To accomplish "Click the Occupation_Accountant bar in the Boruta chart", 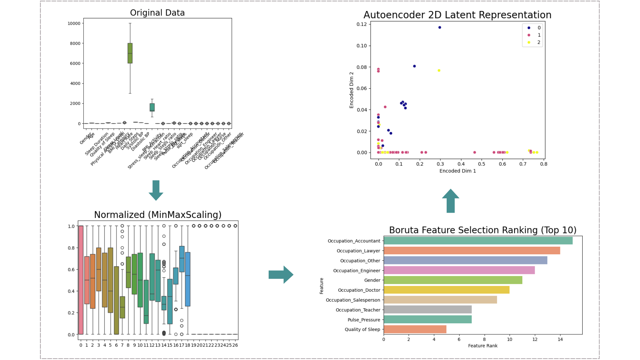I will point(478,241).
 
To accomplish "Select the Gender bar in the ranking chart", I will point(453,280).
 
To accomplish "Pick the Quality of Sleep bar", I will point(415,329).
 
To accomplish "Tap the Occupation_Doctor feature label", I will point(359,290).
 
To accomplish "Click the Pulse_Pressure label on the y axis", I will point(364,320).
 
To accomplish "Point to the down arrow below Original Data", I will point(156,190).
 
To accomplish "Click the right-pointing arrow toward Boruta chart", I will point(281,275).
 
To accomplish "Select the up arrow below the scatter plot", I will point(450,201).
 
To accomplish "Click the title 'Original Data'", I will point(157,13).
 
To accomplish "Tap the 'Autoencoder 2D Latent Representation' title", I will point(457,15).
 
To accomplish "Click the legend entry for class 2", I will point(533,42).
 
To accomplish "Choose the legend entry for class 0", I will point(533,28).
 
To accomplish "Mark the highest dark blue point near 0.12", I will point(440,27).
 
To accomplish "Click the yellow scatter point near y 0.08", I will point(439,70).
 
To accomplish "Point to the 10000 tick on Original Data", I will point(74,23).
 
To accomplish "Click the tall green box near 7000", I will point(130,53).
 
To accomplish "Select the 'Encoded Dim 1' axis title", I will point(457,171).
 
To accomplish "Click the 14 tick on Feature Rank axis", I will point(560,340).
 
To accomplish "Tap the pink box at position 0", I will point(81,280).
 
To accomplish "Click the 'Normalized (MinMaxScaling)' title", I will point(158,215).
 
